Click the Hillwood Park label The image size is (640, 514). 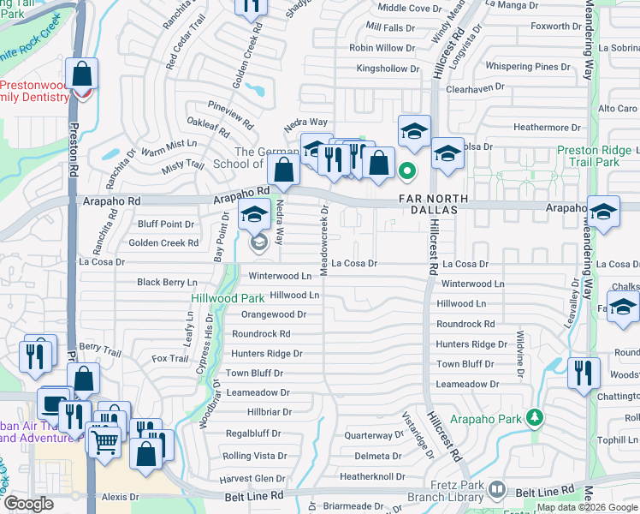tap(227, 298)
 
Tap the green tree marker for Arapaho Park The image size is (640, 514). tap(535, 417)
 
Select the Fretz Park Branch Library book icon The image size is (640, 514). tap(497, 491)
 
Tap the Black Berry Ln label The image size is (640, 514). tap(167, 282)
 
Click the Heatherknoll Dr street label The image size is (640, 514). tap(371, 475)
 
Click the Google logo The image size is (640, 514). tap(28, 504)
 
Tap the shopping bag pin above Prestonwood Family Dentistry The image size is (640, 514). tap(83, 76)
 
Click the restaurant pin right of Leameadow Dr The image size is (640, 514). tap(582, 373)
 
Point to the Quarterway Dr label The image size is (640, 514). tap(368, 435)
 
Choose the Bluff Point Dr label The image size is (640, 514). tap(166, 224)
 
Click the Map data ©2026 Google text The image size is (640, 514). tap(587, 507)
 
